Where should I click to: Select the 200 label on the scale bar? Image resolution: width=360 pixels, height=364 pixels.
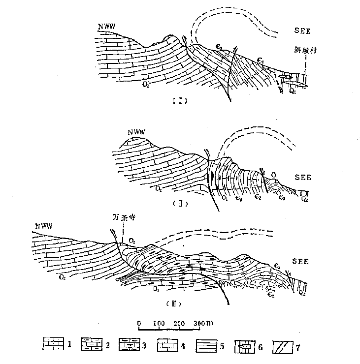pos(179,323)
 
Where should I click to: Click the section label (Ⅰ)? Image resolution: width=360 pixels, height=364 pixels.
pos(178,101)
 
